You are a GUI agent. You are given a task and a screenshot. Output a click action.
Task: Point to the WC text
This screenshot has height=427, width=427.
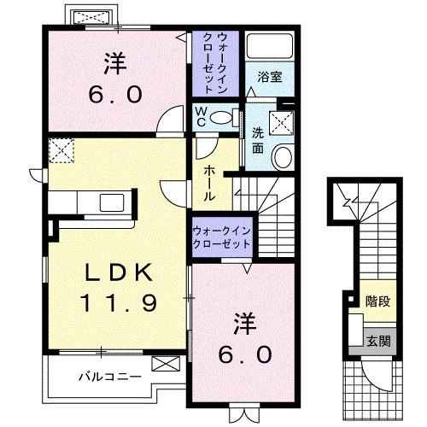pos(200,114)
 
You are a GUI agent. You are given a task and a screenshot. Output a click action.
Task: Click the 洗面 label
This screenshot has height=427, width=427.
pos(257,140)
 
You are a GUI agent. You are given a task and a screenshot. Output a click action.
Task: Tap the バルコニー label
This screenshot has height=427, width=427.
pos(106,375)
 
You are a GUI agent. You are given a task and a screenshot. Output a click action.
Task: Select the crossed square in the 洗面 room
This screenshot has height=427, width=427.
pos(281,124)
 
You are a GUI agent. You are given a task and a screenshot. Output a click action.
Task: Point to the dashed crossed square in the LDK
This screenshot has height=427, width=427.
pos(61,152)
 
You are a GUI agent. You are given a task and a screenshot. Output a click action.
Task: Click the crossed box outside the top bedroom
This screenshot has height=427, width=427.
pos(88,17)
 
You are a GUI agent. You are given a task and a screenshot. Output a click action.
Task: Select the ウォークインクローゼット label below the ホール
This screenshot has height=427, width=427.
pos(221,237)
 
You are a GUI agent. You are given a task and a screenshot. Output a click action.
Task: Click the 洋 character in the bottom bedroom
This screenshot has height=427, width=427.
pos(243,324)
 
